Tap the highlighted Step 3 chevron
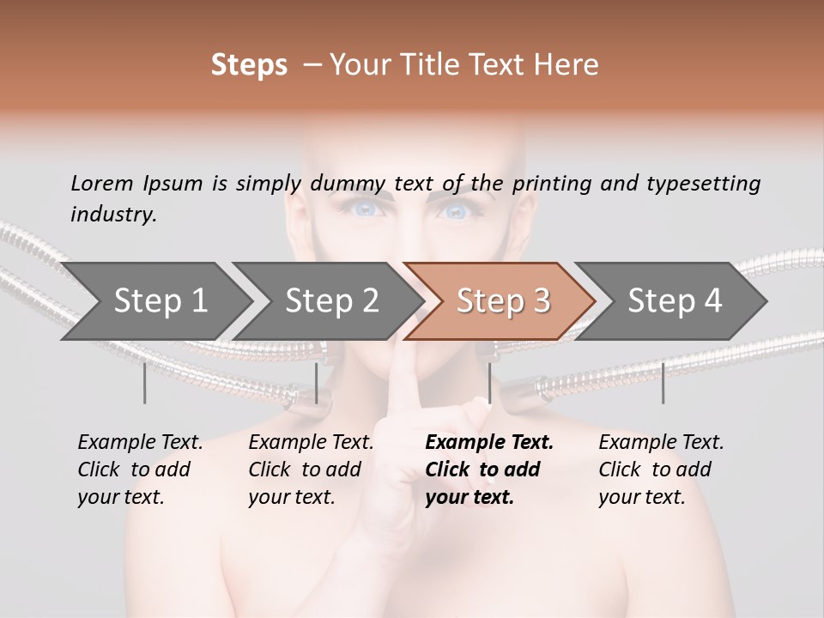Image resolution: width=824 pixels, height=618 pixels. click(x=502, y=300)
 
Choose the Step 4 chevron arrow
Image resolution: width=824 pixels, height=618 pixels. click(x=674, y=300)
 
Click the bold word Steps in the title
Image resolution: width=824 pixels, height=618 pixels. click(x=249, y=64)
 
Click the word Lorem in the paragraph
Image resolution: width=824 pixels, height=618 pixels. click(x=101, y=183)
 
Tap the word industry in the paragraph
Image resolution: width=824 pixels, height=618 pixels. click(x=112, y=214)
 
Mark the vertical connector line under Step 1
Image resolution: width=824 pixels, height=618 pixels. click(x=144, y=383)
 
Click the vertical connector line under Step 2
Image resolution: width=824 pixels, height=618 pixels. click(x=317, y=383)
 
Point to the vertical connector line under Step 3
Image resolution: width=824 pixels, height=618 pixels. click(x=489, y=383)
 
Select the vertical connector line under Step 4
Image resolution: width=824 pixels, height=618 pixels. click(x=663, y=383)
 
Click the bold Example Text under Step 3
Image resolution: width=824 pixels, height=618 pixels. click(x=489, y=443)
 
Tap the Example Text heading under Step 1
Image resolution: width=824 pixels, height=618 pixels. click(x=140, y=443)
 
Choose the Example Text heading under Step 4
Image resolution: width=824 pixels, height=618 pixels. click(x=661, y=443)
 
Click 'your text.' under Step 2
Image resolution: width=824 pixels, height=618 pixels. click(x=291, y=497)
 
